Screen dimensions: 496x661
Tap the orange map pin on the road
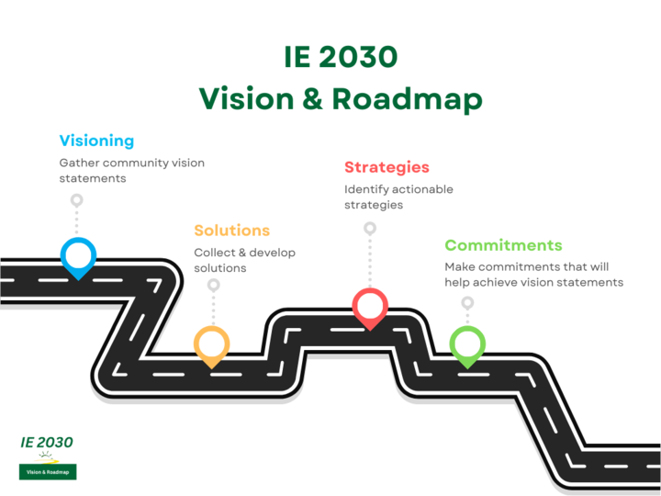pos(211,344)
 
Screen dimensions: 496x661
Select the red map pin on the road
pos(370,306)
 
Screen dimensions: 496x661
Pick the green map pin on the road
pos(466,344)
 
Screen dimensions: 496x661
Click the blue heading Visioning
pos(96,141)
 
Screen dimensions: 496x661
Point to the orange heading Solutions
pos(231,230)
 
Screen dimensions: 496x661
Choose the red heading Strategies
pos(387,167)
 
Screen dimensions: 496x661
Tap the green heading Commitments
pos(503,245)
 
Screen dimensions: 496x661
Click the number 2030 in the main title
pos(362,57)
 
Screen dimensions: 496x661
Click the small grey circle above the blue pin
pos(77,199)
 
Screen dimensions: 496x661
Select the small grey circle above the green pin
pos(467,302)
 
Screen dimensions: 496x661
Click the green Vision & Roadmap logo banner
pos(48,472)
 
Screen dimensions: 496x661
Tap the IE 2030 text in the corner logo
pos(47,442)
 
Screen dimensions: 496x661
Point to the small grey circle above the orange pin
pos(213,285)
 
